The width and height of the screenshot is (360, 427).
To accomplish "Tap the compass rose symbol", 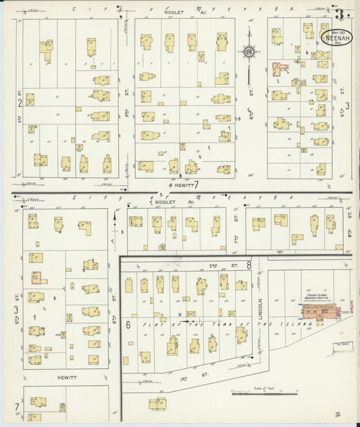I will click(x=249, y=51).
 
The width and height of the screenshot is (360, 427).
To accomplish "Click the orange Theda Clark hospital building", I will click(x=322, y=311).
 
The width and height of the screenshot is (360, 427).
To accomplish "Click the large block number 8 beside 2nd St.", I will click(x=249, y=266).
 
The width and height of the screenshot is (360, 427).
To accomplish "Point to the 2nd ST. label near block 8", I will click(x=214, y=266).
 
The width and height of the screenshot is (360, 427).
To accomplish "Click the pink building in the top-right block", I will click(x=278, y=68).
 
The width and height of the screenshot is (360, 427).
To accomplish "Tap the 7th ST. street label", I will click(x=236, y=217).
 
